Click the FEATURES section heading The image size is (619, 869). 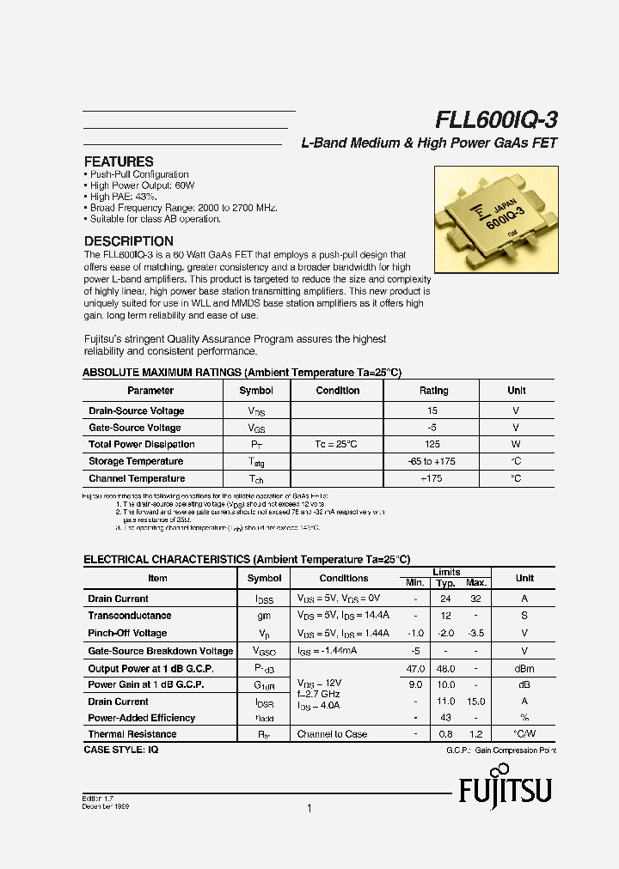[119, 161]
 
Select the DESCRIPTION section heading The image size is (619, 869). [128, 241]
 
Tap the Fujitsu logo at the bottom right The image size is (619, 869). [505, 789]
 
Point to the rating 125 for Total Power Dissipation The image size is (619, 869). [432, 445]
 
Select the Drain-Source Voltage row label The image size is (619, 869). [136, 411]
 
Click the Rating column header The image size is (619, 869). [433, 391]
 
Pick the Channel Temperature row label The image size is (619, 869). [136, 479]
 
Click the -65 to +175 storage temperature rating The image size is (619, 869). [432, 462]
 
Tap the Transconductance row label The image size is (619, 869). [129, 616]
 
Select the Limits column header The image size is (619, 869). [446, 572]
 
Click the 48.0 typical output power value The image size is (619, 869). [445, 668]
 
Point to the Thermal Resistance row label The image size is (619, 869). [132, 734]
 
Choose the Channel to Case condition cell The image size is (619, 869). [332, 734]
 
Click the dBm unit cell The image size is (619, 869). [524, 668]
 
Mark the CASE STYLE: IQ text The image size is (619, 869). [120, 750]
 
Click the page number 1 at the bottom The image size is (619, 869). [309, 808]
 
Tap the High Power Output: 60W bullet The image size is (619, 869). [142, 185]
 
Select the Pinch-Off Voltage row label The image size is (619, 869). [127, 633]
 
